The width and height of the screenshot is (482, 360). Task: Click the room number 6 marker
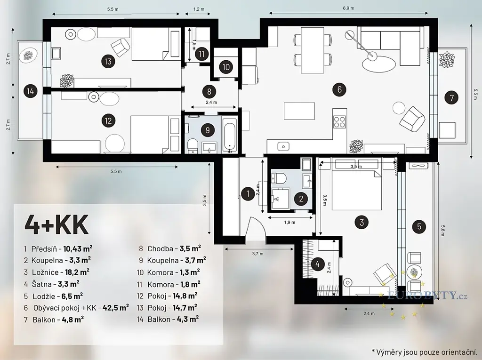point(339,89)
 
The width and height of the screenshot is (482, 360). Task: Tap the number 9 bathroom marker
point(208,130)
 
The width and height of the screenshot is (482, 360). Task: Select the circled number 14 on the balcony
point(31,91)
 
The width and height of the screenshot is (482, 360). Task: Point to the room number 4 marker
point(318,264)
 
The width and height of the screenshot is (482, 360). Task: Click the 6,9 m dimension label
point(348,8)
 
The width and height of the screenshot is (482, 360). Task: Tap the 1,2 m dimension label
point(199,9)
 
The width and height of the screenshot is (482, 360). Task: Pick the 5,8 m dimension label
point(442,231)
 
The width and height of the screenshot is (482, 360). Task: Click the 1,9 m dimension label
point(290,222)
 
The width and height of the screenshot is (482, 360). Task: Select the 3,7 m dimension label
point(257,254)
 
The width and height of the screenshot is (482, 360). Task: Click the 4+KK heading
point(56,224)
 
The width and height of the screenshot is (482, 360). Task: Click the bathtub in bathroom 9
point(229,136)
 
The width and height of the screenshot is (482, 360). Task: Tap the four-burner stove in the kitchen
point(339,121)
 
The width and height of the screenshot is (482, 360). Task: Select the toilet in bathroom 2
point(280,178)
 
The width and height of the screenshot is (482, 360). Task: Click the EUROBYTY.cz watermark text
point(427,296)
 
